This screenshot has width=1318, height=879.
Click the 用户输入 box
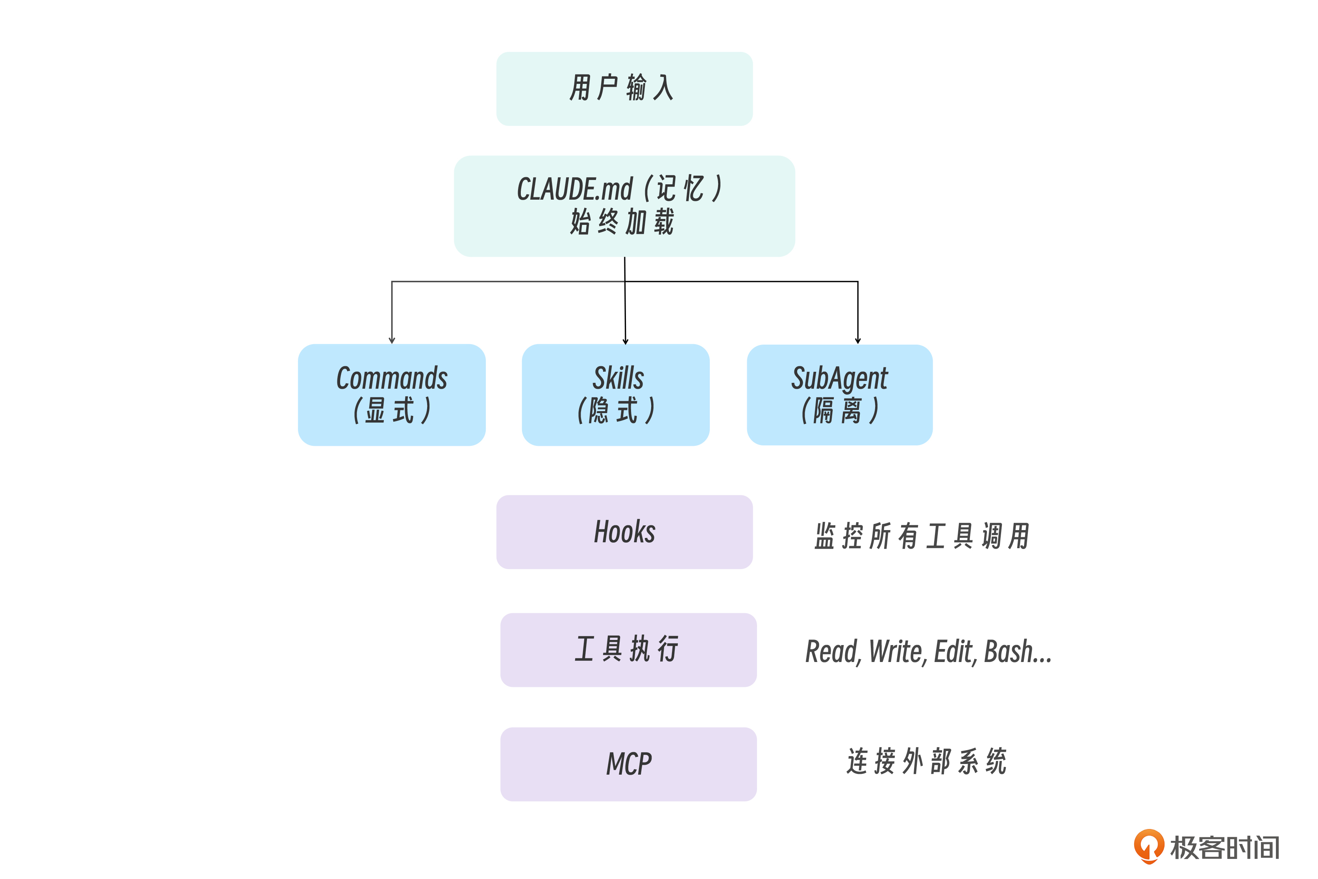click(624, 89)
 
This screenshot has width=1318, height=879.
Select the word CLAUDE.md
click(574, 189)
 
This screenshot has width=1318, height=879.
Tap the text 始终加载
click(622, 222)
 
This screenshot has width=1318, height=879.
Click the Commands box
click(392, 395)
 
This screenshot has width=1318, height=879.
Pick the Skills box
click(615, 395)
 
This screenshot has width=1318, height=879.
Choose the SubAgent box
click(839, 395)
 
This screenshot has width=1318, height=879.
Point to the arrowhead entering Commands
click(392, 340)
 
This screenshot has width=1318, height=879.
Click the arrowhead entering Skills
click(626, 341)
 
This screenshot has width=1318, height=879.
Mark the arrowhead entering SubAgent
click(858, 340)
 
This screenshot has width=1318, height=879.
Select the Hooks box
click(624, 532)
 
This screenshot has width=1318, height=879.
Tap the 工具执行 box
click(628, 650)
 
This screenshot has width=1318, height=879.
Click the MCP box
click(628, 764)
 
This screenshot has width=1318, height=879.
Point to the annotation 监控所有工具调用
click(922, 536)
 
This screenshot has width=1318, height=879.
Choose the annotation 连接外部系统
click(927, 762)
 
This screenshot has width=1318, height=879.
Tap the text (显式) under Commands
click(392, 410)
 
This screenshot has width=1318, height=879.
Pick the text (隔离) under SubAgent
click(839, 410)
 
